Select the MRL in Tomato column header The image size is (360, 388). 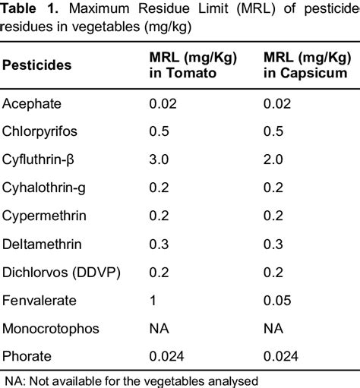[187, 65]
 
